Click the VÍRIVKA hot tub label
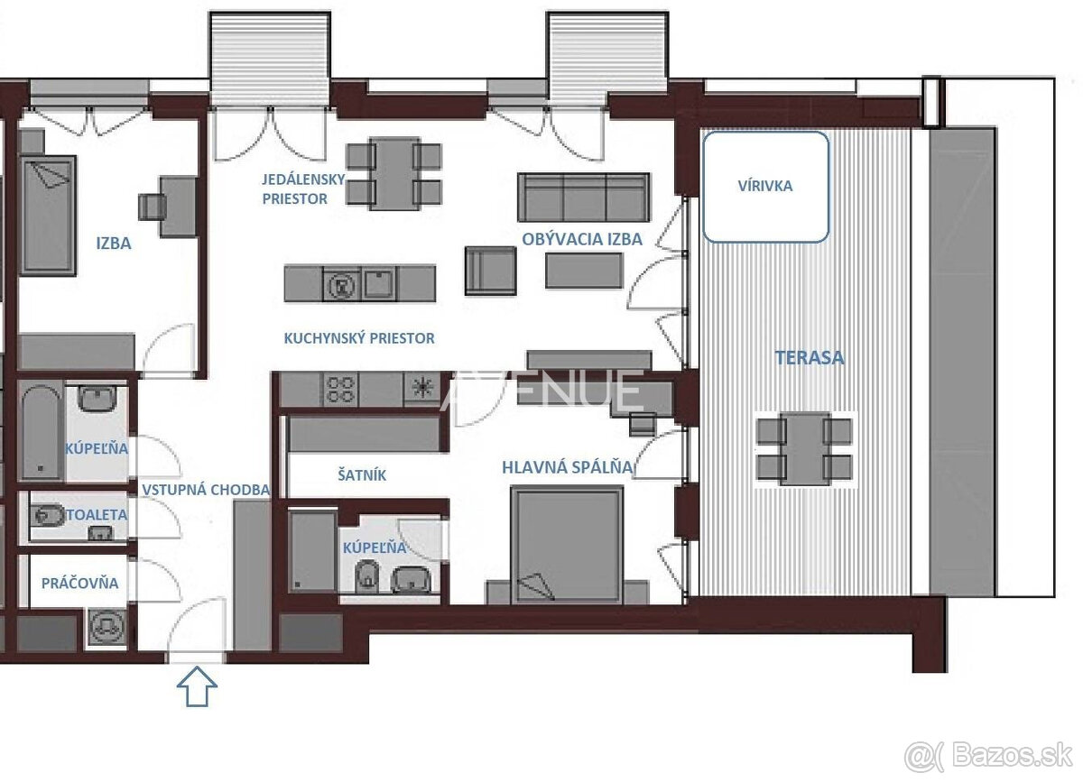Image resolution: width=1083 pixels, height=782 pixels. [x=765, y=186]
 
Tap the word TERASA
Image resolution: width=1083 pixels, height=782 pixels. [x=810, y=358]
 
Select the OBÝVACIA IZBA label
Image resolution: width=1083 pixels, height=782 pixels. [x=582, y=239]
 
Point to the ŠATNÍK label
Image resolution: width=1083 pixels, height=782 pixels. [x=362, y=475]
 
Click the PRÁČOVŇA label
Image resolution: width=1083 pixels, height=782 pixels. [x=79, y=584]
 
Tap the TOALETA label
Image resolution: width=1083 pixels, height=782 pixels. [x=97, y=515]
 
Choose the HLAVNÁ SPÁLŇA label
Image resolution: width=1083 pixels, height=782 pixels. [x=568, y=467]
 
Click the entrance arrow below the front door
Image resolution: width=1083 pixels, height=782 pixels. [x=197, y=686]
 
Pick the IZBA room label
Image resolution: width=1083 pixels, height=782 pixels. [x=114, y=244]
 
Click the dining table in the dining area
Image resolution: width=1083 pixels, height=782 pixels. [x=394, y=174]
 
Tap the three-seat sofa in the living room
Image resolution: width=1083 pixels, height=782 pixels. [x=584, y=198]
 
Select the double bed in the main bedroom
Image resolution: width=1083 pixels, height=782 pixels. [x=567, y=545]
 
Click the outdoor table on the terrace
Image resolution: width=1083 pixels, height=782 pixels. [x=804, y=448]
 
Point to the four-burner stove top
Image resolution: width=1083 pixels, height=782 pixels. [x=340, y=390]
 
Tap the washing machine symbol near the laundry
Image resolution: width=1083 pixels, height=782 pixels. [x=106, y=628]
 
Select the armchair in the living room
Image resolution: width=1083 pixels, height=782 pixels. [x=490, y=271]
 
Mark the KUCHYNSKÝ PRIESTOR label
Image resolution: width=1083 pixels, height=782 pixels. [x=359, y=338]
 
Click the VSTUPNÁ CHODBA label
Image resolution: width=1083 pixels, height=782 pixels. [x=206, y=490]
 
